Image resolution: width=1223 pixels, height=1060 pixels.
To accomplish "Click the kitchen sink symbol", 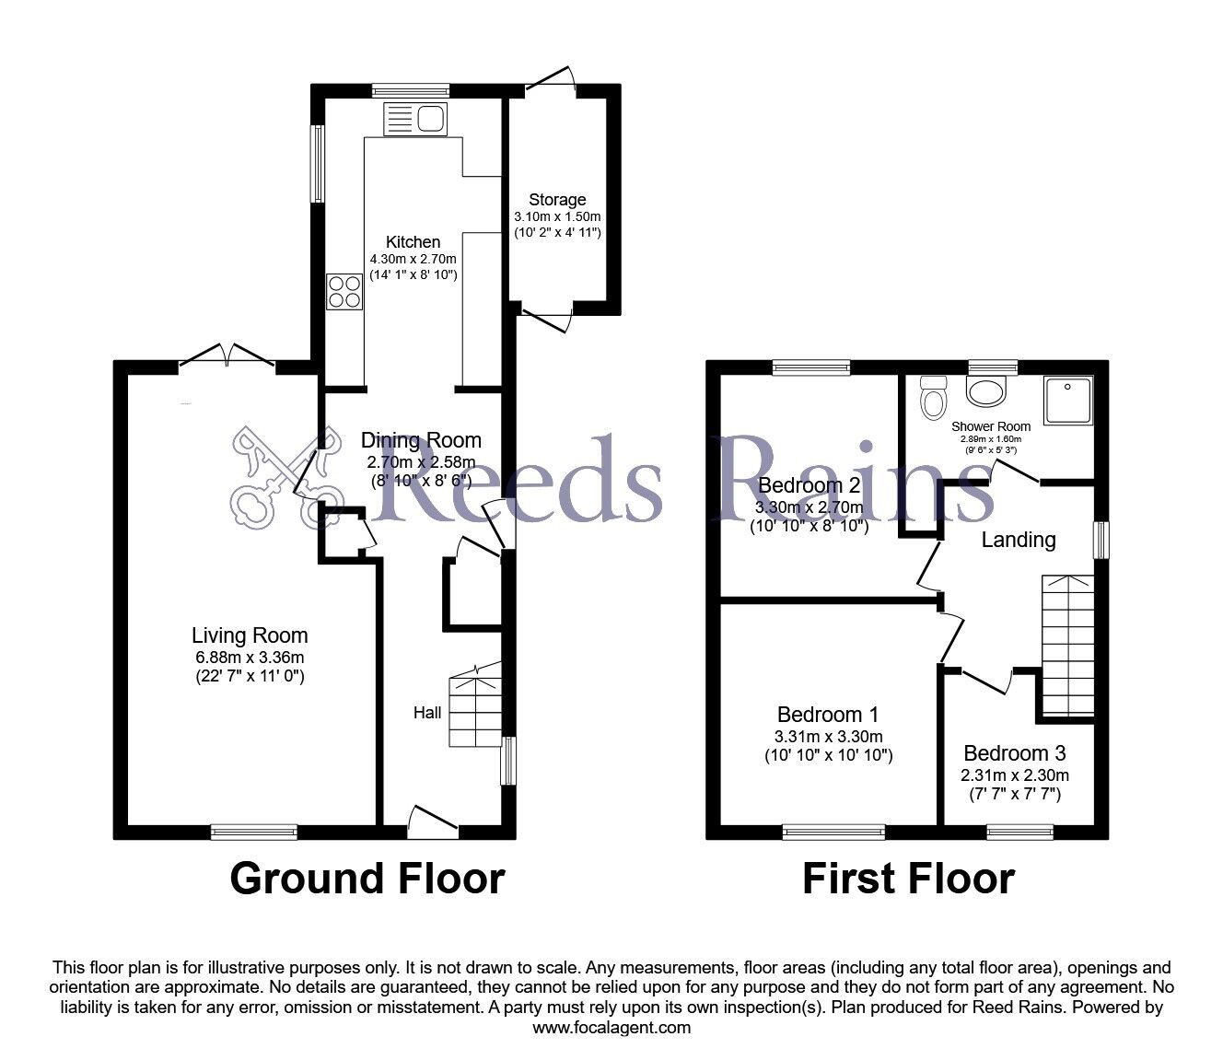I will point(415,119).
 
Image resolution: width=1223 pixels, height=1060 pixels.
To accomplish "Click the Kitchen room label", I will point(413,241).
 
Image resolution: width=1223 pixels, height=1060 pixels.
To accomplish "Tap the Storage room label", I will point(557,199).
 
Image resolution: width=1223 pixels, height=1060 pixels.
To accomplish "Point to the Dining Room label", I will point(420,439).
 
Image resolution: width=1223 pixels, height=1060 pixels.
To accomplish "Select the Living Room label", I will point(250,635).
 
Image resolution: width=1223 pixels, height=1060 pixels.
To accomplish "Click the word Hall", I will point(427,712).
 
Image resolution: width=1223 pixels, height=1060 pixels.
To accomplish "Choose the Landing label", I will point(1018,540).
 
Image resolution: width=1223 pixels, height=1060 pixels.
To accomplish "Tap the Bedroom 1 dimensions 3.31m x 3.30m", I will point(828,736).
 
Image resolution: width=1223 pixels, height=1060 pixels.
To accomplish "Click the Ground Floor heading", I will point(367,879).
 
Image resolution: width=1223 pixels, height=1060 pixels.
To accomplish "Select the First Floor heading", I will point(908,879).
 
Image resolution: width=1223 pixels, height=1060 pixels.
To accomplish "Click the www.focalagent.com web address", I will point(611,1028).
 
